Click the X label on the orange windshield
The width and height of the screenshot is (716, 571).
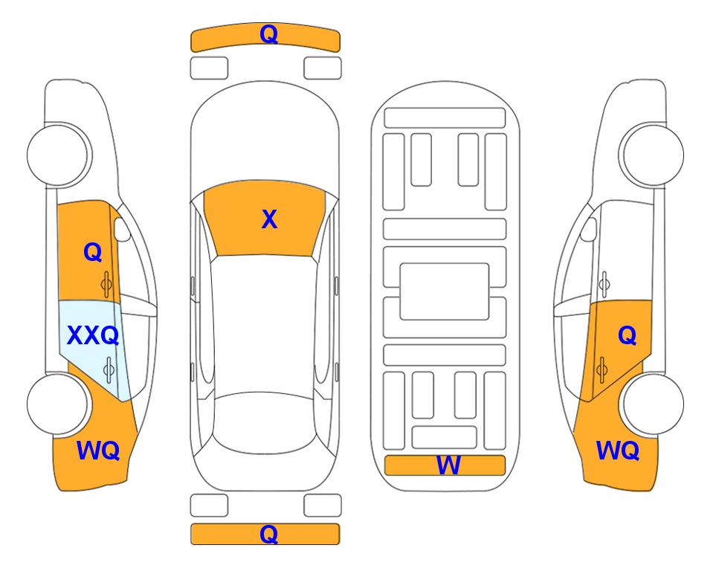tap(269, 219)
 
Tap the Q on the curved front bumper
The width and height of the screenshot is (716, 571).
tap(268, 33)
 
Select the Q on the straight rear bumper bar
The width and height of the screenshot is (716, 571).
tap(268, 534)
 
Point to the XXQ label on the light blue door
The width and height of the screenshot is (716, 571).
tap(93, 335)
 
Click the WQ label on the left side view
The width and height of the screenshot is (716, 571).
tap(98, 451)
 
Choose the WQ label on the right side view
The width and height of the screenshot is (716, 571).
tap(617, 451)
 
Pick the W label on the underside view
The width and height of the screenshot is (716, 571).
tap(448, 465)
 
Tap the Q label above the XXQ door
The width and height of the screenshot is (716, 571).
tap(93, 252)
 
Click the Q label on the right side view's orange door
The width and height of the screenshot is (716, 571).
tap(627, 335)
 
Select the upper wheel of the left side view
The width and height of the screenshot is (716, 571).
tap(59, 155)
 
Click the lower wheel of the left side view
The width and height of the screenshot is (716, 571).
tap(59, 404)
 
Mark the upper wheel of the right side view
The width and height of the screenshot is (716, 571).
tap(651, 155)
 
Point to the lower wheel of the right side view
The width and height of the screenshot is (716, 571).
tap(651, 404)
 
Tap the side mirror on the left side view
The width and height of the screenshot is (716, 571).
tap(121, 229)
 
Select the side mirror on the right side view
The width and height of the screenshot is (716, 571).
tap(589, 229)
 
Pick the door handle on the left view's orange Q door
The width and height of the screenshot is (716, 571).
tap(106, 285)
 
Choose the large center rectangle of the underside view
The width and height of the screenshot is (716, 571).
tap(445, 291)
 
